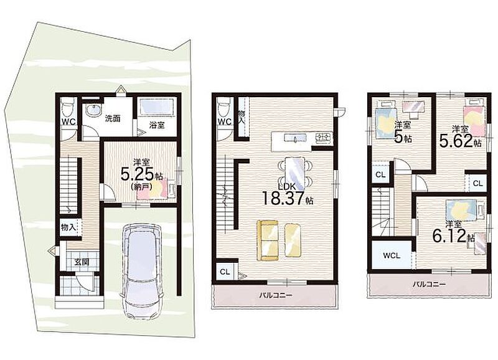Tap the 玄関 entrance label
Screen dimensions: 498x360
(82, 262)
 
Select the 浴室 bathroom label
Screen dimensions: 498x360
(157, 125)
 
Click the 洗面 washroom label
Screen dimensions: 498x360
(113, 119)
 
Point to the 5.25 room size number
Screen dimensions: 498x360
(138, 174)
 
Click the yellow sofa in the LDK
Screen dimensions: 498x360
(268, 240)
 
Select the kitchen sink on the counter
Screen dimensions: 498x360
(295, 138)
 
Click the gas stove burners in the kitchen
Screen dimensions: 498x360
(323, 138)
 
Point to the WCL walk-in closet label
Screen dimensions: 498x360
(392, 255)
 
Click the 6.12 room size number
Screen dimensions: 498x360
(449, 236)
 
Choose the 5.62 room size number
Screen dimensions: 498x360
(457, 141)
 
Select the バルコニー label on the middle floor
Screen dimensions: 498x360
(276, 295)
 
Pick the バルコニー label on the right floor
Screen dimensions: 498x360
(429, 284)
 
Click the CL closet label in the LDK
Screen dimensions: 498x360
(225, 272)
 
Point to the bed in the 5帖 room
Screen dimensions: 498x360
(385, 122)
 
